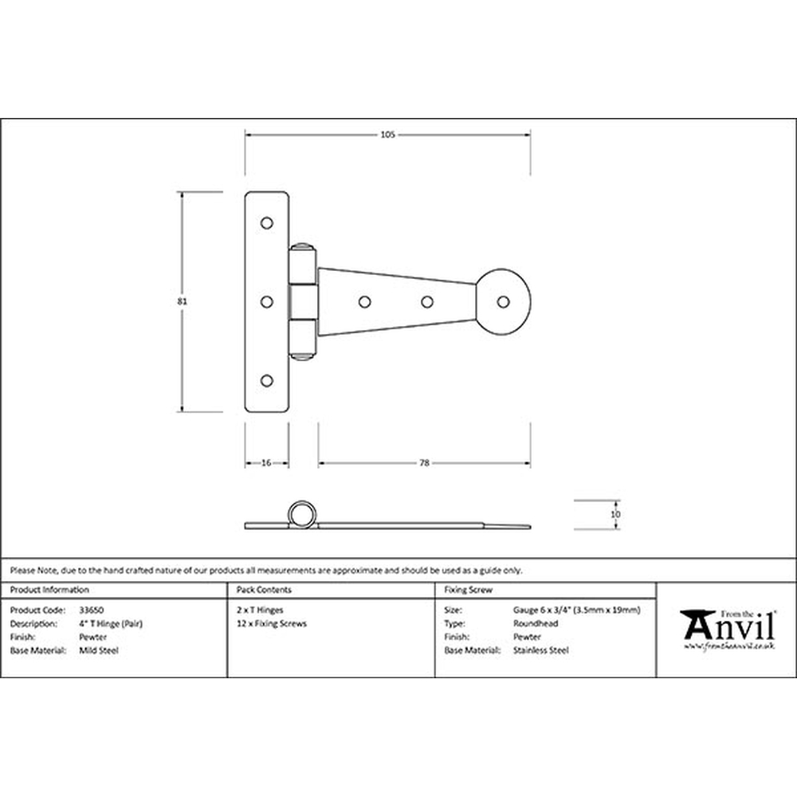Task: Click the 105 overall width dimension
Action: [387, 135]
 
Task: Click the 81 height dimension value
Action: [182, 301]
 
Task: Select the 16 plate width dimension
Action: [266, 463]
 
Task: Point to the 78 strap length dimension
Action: [425, 463]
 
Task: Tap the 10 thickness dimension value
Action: [615, 514]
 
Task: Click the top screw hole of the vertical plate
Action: [266, 222]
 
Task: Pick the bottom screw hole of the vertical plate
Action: [266, 381]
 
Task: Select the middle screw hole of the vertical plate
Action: [266, 302]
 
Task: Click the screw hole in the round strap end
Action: [503, 302]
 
